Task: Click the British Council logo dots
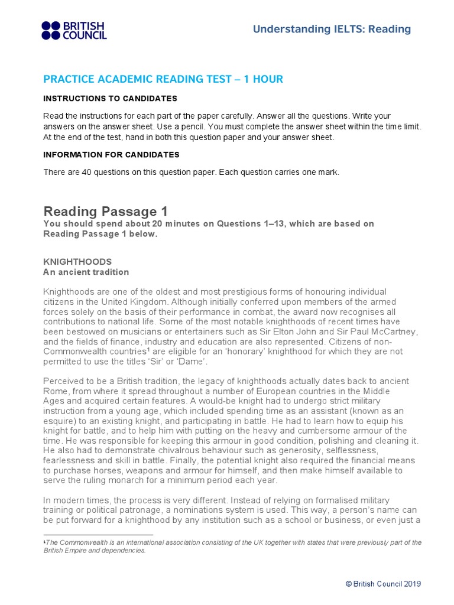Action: (51, 30)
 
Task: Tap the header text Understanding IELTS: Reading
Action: (332, 29)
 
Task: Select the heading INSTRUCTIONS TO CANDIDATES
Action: (110, 98)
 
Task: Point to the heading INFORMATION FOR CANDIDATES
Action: (112, 155)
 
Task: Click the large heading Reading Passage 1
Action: (106, 211)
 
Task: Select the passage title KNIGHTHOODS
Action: (77, 261)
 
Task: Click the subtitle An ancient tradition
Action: (86, 272)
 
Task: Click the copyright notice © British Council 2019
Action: (383, 584)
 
